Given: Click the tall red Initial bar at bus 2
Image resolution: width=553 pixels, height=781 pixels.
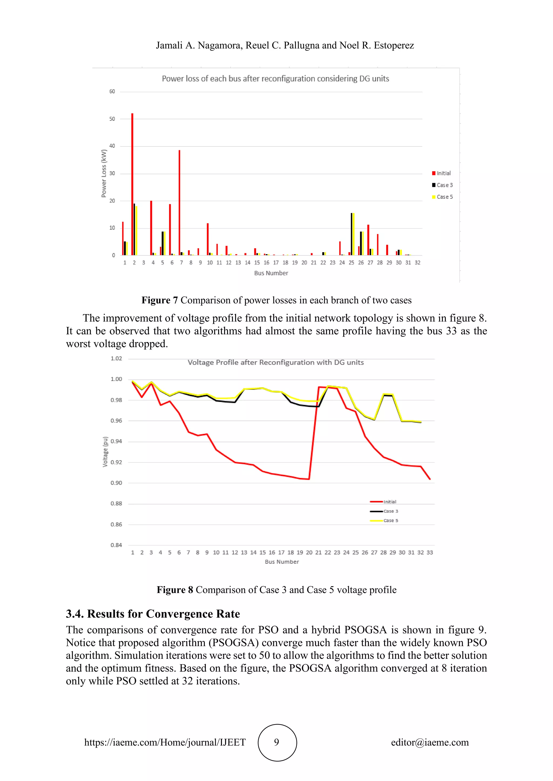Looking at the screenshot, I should [x=132, y=184].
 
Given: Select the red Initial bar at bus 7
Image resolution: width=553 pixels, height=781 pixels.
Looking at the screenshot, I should [x=180, y=202].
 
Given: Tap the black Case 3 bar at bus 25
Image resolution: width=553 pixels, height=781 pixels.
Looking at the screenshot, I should [x=351, y=234].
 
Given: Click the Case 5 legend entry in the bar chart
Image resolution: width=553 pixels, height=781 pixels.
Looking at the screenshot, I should [x=442, y=197].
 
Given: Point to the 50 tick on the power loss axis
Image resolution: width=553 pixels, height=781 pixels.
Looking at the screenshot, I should [x=112, y=119].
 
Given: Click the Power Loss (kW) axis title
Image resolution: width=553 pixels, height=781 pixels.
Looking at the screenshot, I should [x=104, y=173].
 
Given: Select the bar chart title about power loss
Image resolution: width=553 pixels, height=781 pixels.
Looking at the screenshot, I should [x=275, y=78].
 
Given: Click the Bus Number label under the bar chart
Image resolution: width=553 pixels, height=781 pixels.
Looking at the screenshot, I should [x=271, y=273].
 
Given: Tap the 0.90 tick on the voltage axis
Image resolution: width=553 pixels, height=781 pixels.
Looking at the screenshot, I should [x=116, y=483].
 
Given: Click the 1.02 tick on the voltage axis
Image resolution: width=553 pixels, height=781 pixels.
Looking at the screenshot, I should [x=116, y=358].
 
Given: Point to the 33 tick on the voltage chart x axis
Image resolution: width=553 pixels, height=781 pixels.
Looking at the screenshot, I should [x=430, y=552].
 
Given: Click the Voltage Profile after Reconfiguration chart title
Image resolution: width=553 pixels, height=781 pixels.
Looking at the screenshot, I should [x=275, y=362].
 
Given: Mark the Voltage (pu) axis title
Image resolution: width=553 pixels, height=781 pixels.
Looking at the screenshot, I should [x=105, y=452].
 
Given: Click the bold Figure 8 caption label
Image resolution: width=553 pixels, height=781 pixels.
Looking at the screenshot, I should [x=175, y=590].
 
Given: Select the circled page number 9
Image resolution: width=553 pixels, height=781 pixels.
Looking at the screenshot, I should [x=277, y=742].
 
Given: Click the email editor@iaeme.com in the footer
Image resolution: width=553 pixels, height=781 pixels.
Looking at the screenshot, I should [x=430, y=742].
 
